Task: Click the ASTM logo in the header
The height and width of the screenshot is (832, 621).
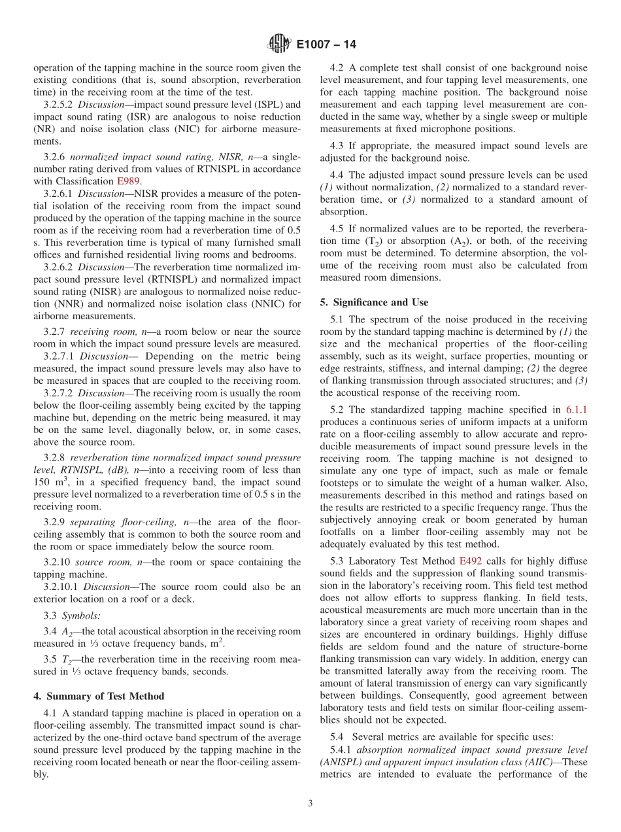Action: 280,45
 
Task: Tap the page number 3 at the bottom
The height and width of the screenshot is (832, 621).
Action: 310,804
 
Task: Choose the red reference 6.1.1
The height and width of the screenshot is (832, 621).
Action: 576,410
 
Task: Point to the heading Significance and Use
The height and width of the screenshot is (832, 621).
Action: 374,302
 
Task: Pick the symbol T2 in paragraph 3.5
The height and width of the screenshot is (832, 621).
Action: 66,659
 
